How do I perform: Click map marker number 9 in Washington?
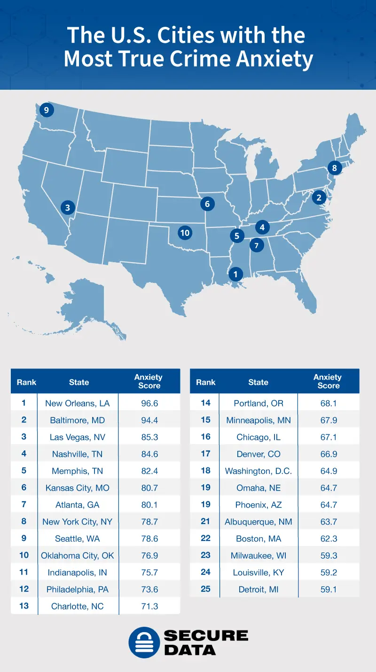coord(47,110)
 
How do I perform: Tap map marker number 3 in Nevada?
coord(68,207)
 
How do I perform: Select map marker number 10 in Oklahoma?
coord(185,232)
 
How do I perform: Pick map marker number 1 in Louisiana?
coord(235,273)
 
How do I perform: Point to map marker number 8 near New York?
coord(334,168)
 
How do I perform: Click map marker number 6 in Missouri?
coord(207,203)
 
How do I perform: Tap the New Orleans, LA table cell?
coord(78,403)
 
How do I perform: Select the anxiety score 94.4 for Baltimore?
coord(149,420)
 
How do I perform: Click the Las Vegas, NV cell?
coord(78,437)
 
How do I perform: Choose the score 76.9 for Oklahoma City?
coord(149,555)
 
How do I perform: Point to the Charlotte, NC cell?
coord(78,606)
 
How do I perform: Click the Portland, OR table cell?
coord(258,403)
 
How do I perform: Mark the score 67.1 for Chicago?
coord(329,437)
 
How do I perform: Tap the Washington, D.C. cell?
coord(258,471)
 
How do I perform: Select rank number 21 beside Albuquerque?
coord(205,522)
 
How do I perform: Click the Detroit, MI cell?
coord(258,589)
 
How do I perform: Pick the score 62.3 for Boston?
coord(329,539)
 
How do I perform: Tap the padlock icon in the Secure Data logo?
coord(144,642)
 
